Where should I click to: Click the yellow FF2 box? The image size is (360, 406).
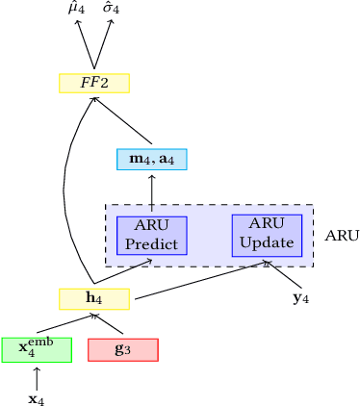click(94, 84)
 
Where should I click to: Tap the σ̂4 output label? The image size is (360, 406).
click(112, 10)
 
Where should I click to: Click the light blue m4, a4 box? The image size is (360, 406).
click(151, 159)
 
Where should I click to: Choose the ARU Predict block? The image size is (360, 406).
click(151, 235)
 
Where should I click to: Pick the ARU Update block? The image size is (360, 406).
click(267, 235)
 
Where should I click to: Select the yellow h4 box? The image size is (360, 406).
click(94, 299)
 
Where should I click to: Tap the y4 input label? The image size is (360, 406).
click(301, 298)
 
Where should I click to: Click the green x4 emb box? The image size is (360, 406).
click(37, 349)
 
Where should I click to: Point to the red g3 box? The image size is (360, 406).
click(122, 349)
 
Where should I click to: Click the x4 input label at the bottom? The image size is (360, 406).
click(37, 396)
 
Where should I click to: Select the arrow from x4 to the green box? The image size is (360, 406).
click(37, 374)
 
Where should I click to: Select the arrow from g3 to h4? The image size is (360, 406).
click(109, 323)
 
